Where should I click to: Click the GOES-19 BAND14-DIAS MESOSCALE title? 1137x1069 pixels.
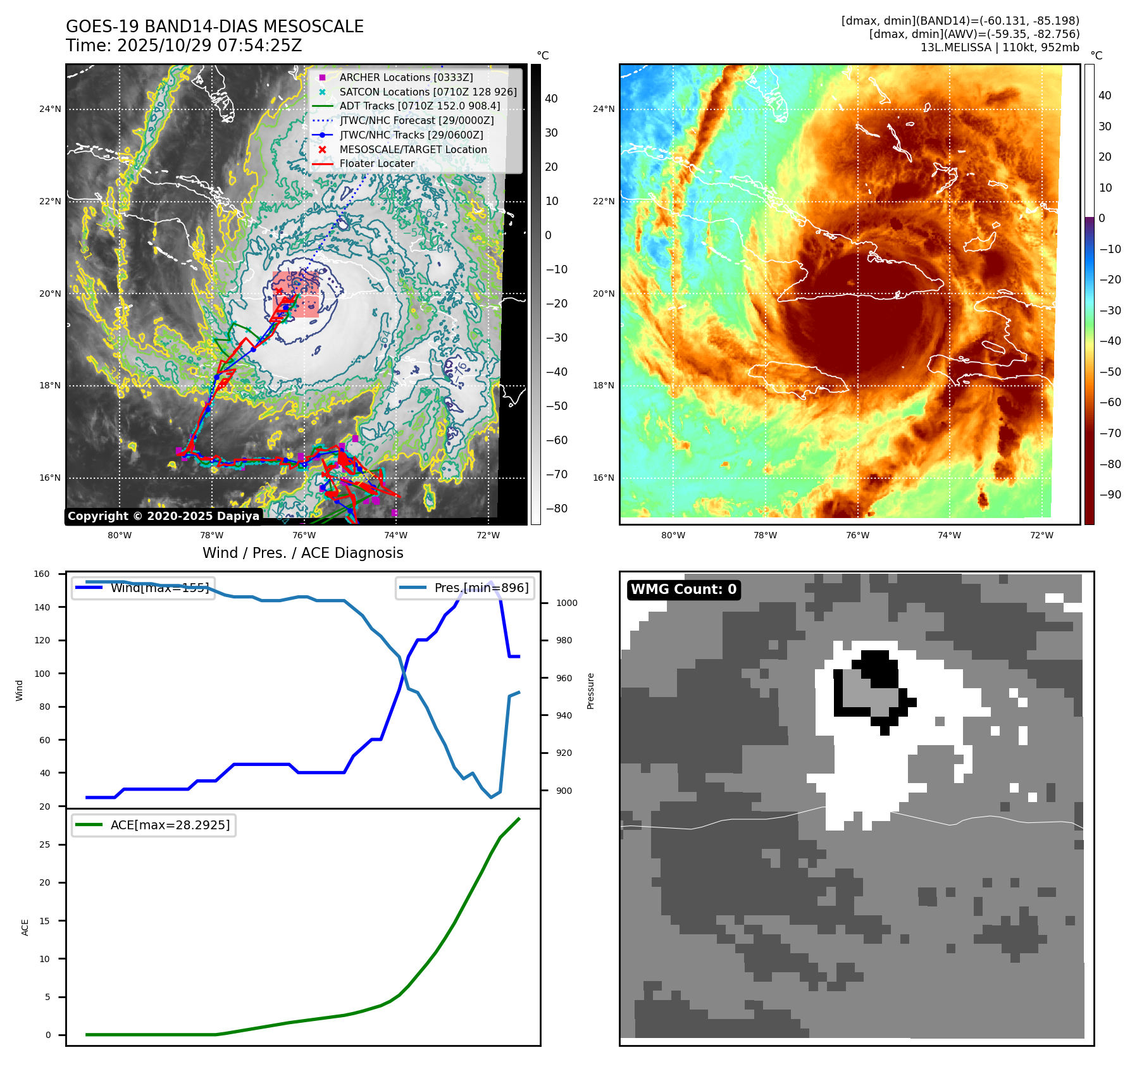tap(214, 27)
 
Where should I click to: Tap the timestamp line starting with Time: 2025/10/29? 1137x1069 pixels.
tap(183, 46)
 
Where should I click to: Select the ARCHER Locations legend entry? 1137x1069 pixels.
tap(406, 77)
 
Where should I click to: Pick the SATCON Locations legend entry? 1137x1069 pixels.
tap(428, 92)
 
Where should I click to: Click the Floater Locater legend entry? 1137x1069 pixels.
tap(376, 163)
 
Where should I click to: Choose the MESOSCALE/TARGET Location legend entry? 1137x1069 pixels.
tap(413, 149)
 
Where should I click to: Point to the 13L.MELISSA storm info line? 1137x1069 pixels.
tap(999, 47)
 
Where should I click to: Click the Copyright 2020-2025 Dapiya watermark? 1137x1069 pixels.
tap(163, 516)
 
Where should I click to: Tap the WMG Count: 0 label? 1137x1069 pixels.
tap(683, 590)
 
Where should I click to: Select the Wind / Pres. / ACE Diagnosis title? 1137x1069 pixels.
tap(302, 553)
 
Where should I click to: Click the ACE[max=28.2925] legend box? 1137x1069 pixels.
tap(154, 825)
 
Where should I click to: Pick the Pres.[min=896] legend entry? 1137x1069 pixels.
tap(465, 588)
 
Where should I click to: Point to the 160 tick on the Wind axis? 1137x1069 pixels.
tap(42, 574)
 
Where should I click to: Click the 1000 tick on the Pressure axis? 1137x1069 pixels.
tap(566, 603)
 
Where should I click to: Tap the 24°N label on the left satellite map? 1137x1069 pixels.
tap(50, 109)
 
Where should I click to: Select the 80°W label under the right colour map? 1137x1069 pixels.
tap(673, 535)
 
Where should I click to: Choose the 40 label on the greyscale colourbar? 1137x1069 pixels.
tap(551, 98)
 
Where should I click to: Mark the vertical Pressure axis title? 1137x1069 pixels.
tap(590, 691)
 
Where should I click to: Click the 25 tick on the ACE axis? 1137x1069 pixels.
tap(44, 844)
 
